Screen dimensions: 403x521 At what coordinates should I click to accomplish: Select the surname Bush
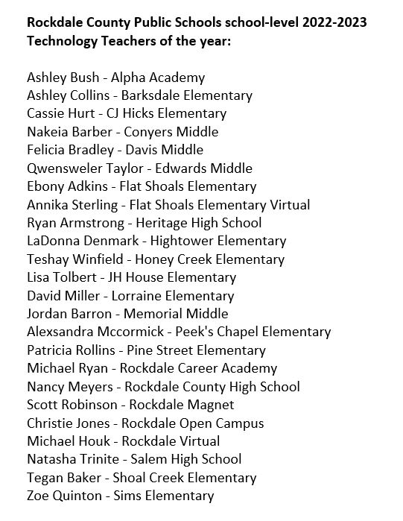coord(82,78)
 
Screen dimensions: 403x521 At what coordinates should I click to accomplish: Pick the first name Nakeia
coord(47,132)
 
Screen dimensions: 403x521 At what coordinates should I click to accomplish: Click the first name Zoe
coord(38,496)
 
